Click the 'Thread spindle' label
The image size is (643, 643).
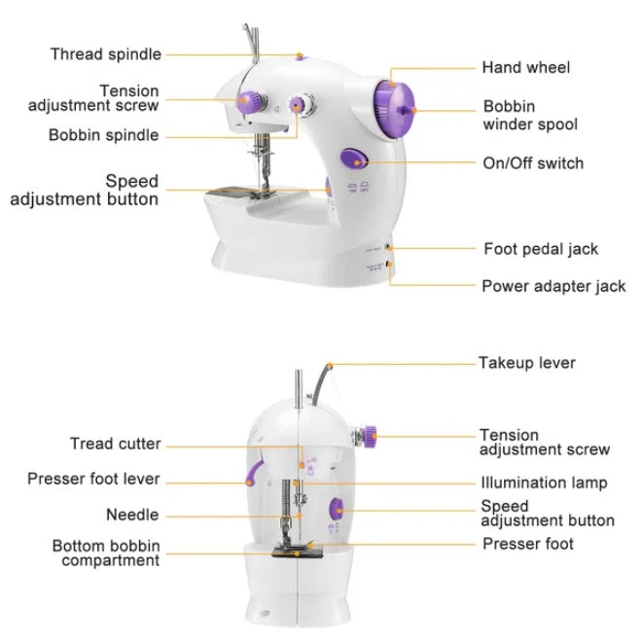tap(106, 54)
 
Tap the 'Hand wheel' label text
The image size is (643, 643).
tap(525, 68)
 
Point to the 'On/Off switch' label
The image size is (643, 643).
tap(533, 162)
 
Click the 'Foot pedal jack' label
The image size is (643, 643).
tap(541, 249)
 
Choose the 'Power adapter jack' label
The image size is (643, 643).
tap(554, 286)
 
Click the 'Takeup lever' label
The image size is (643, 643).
tap(526, 363)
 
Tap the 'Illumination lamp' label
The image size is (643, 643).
tap(544, 482)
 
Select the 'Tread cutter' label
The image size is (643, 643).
tap(115, 444)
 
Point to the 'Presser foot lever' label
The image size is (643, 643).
tap(93, 480)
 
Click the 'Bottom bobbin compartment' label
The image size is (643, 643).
tap(106, 554)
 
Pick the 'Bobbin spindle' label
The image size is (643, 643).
tap(103, 135)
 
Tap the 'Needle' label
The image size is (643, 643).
tap(132, 515)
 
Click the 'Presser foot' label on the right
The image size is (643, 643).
tap(528, 544)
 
